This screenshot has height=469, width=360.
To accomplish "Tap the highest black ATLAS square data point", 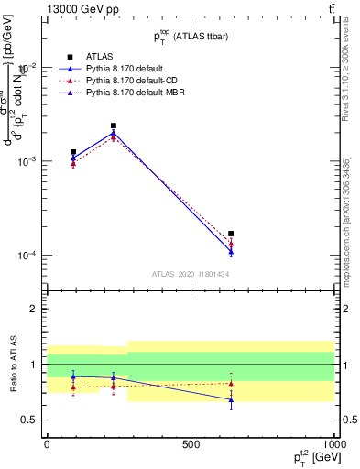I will tap(114, 125).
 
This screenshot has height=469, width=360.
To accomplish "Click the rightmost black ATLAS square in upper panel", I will tap(231, 234).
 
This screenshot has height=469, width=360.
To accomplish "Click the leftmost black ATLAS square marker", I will tap(73, 152).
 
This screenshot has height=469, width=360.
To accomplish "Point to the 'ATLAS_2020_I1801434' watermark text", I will tap(190, 274).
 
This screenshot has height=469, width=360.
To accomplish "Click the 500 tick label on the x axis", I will tap(191, 443).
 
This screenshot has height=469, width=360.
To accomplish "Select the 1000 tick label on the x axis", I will tap(334, 443).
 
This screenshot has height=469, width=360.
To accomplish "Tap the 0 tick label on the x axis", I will tap(47, 443).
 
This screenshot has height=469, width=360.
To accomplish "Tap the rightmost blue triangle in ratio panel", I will tap(231, 399).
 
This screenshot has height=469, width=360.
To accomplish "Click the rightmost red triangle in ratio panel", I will tap(231, 384).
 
